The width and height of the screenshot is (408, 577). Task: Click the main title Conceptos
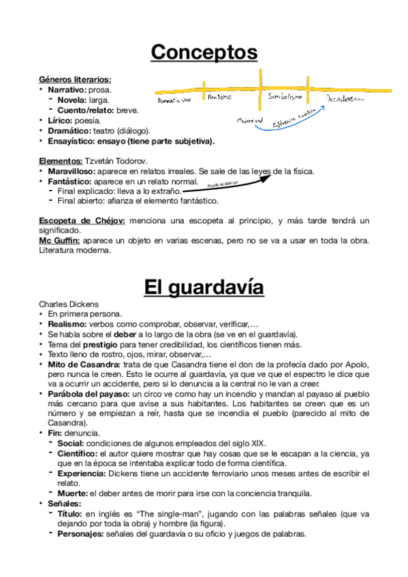click(204, 52)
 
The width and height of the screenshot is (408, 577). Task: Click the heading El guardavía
click(204, 287)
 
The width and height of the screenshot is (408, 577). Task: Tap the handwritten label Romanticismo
click(174, 99)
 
